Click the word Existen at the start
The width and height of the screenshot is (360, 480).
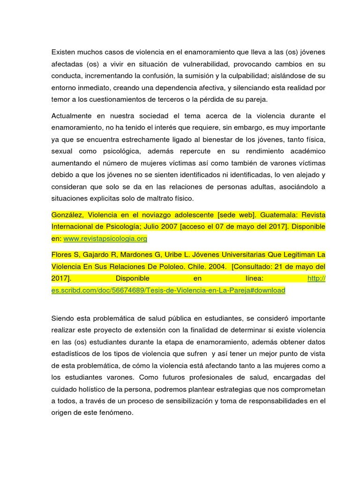64,52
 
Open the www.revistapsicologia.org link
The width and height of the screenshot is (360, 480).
105,239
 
